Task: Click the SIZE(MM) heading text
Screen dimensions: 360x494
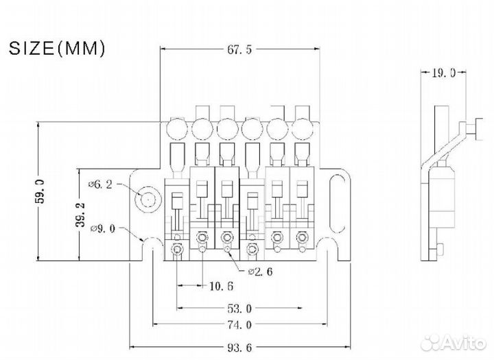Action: [56, 48]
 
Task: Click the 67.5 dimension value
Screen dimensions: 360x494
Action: [240, 49]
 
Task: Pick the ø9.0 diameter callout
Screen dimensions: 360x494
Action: [102, 229]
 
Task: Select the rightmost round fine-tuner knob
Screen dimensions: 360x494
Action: [303, 128]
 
